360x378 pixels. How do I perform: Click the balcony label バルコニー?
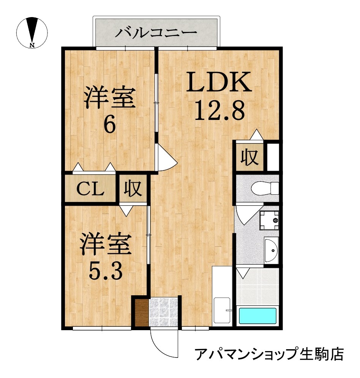click(156, 33)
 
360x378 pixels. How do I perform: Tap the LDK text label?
click(219, 82)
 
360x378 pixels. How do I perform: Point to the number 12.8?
click(219, 111)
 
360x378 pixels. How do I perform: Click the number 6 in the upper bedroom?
click(110, 124)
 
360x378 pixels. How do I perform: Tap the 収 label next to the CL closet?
click(133, 188)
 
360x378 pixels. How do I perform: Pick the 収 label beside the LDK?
click(249, 157)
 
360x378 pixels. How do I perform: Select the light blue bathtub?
click(258, 316)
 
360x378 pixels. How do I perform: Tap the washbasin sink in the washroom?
click(272, 250)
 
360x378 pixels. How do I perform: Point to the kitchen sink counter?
click(222, 296)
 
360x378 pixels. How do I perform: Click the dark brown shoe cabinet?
click(141, 312)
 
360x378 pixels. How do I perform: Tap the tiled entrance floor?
click(163, 312)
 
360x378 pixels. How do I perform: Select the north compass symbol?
click(32, 32)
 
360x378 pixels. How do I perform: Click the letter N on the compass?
click(32, 45)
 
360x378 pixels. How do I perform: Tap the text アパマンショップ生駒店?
click(269, 354)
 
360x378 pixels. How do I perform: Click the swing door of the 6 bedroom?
click(166, 158)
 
